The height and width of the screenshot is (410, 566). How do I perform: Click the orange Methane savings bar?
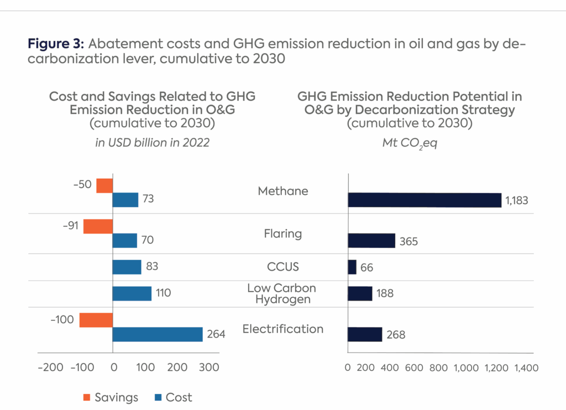click(x=104, y=185)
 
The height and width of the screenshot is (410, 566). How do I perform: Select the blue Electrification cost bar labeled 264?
click(x=158, y=334)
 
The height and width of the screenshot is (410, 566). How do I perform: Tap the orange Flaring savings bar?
click(x=98, y=226)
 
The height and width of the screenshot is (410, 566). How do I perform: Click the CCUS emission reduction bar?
click(x=352, y=267)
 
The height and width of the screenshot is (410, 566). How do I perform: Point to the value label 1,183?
click(x=516, y=200)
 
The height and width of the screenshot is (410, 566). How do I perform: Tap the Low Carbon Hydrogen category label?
click(x=282, y=294)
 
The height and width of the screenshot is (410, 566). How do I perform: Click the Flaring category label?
click(x=282, y=233)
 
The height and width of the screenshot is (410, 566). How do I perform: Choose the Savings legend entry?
click(x=111, y=397)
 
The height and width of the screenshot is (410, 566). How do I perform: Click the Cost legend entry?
click(x=174, y=397)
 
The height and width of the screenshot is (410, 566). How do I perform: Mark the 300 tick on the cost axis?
click(x=209, y=367)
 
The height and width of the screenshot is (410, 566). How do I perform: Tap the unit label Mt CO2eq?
click(x=410, y=143)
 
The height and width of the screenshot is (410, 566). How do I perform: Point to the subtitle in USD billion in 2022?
click(x=153, y=142)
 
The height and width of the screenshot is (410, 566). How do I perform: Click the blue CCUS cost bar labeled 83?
click(x=127, y=267)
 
